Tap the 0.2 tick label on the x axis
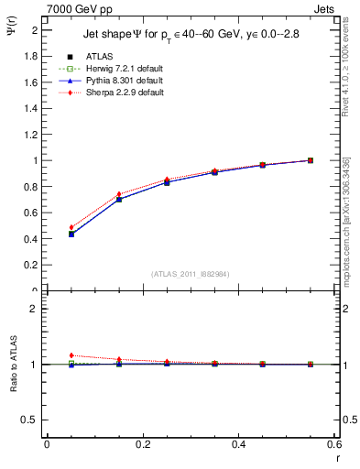(x=143, y=444)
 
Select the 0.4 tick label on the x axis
(x=239, y=444)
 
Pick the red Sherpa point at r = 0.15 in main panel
(x=119, y=194)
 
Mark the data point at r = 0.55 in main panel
(x=311, y=160)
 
